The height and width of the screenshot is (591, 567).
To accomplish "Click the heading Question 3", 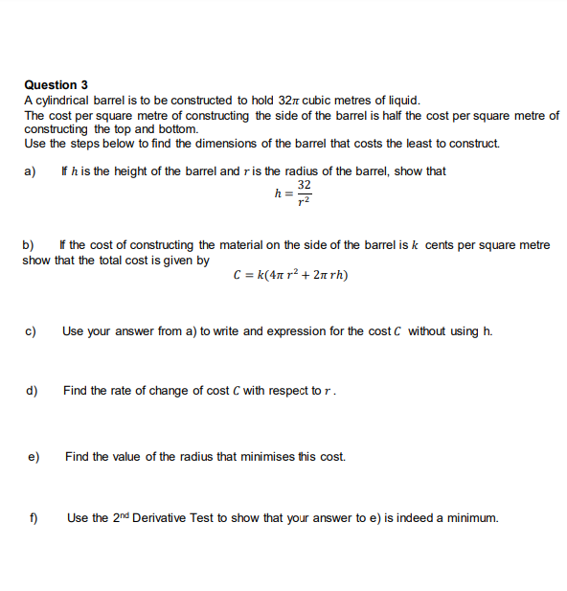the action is [x=57, y=85].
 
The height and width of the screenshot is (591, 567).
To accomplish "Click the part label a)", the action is [x=30, y=171].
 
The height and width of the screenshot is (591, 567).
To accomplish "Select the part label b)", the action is [x=30, y=245].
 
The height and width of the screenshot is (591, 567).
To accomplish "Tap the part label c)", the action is [x=32, y=331].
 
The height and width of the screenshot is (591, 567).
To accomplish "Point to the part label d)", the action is [x=33, y=391].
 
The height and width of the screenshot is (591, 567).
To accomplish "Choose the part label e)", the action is [x=33, y=457].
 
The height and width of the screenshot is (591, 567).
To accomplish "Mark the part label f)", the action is [x=33, y=518].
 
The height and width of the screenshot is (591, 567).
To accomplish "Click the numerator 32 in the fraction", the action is [x=305, y=185].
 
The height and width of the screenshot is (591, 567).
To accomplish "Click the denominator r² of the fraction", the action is [x=305, y=201].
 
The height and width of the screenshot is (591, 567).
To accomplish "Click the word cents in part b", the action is [x=441, y=245].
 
